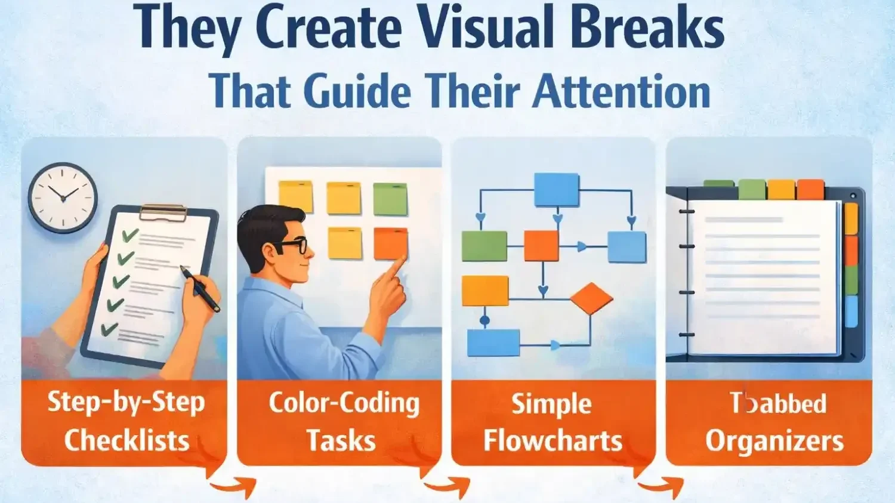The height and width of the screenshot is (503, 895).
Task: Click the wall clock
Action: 63,196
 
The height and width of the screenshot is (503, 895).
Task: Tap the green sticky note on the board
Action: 390,199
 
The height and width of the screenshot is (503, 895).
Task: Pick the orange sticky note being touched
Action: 390,243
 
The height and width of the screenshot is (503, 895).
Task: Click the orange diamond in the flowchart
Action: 591,298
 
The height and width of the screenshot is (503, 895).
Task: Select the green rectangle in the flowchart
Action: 484,246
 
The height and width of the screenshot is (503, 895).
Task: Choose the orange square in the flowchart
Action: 541,246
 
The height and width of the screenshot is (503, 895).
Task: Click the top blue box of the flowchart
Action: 556,190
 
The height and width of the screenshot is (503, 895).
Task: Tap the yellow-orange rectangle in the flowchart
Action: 485,291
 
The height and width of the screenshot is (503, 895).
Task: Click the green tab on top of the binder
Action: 752,189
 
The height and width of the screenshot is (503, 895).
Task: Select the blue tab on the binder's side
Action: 851,311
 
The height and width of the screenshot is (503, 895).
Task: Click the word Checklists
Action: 126,440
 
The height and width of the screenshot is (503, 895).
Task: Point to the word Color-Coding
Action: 344,404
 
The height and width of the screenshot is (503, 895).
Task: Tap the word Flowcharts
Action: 553,441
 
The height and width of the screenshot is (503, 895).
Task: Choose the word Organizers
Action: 774,441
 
